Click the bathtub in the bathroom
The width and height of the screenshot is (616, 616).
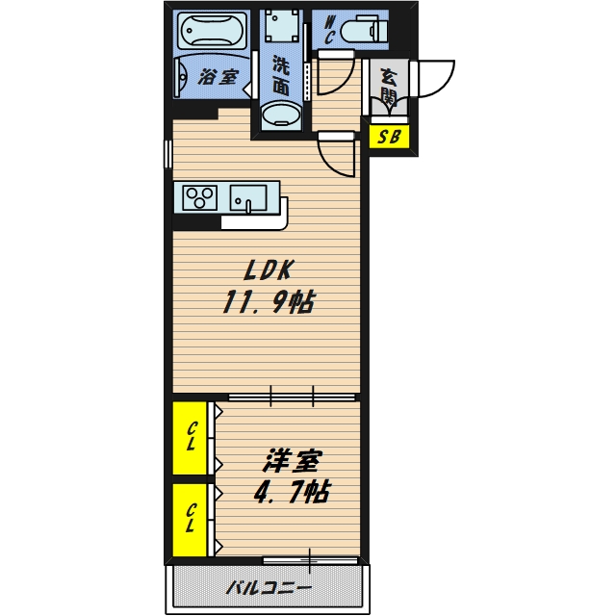pyautogui.click(x=212, y=31)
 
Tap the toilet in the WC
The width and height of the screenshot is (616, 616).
pyautogui.click(x=364, y=30)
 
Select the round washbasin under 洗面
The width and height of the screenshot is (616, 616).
pyautogui.click(x=281, y=115)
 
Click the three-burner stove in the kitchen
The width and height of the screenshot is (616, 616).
pyautogui.click(x=200, y=197)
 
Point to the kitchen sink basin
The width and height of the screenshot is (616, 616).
pyautogui.click(x=248, y=198)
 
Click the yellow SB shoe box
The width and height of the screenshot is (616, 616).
pyautogui.click(x=389, y=137)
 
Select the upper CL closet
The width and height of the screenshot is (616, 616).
pyautogui.click(x=191, y=437)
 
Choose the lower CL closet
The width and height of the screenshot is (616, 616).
pyautogui.click(x=191, y=520)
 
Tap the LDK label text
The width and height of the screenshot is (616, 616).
pyautogui.click(x=269, y=270)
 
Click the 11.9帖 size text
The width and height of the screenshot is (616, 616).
pyautogui.click(x=269, y=303)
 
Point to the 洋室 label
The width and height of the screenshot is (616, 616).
pyautogui.click(x=293, y=461)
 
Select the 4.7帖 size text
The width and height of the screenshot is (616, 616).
pyautogui.click(x=292, y=492)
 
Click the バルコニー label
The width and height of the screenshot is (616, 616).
pyautogui.click(x=269, y=588)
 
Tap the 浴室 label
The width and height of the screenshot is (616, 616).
pyautogui.click(x=218, y=77)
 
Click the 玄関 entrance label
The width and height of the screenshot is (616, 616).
pyautogui.click(x=389, y=89)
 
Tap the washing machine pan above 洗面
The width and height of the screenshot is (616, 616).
pyautogui.click(x=281, y=24)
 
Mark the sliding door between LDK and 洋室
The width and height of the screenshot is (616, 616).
pyautogui.click(x=292, y=397)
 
